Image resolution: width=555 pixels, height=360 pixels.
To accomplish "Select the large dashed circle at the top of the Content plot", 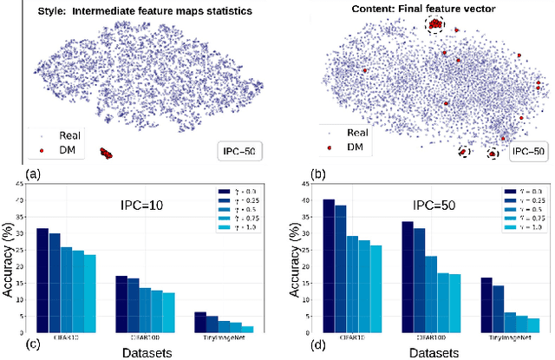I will click(x=433, y=26).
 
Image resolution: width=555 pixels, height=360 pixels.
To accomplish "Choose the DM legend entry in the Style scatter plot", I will click(x=60, y=149).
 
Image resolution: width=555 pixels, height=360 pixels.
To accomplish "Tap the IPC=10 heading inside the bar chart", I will click(x=148, y=206).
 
